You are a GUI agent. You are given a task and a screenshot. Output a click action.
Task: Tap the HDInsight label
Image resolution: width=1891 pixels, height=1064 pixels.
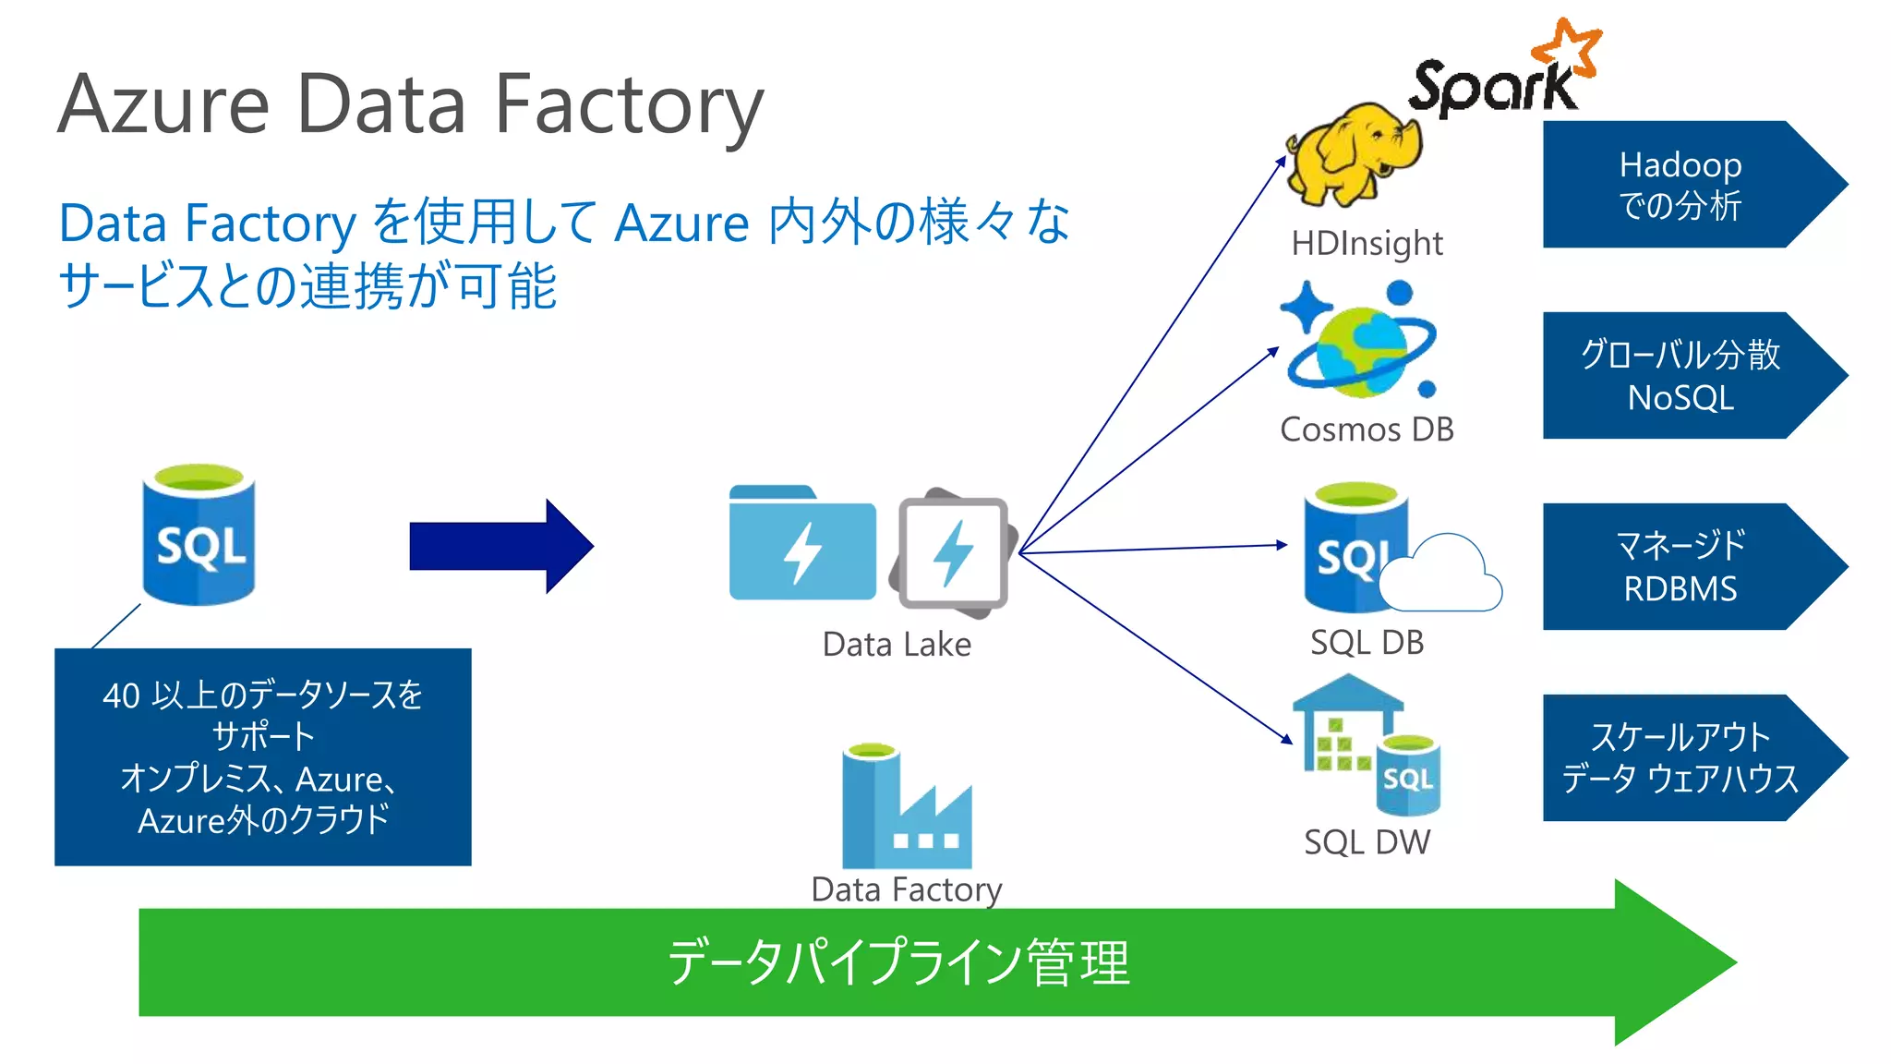tap(1367, 244)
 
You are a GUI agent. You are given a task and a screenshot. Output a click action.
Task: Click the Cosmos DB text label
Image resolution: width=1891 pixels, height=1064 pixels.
tap(1367, 429)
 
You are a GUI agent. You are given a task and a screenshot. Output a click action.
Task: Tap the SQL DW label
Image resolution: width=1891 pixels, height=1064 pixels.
tap(1367, 842)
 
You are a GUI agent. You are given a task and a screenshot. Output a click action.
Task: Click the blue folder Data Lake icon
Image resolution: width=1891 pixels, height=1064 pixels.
tap(801, 545)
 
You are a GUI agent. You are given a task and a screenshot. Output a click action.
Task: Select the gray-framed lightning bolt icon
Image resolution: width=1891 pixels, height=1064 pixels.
tap(954, 552)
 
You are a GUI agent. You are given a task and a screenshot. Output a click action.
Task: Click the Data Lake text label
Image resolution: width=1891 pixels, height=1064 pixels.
tap(897, 645)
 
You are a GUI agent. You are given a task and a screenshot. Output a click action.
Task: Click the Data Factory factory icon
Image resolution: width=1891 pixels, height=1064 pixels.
tap(906, 808)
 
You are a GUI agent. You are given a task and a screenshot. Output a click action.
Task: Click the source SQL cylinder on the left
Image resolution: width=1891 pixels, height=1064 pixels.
tap(199, 536)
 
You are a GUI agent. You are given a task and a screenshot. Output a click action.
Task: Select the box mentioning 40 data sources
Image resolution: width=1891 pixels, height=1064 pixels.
tap(263, 756)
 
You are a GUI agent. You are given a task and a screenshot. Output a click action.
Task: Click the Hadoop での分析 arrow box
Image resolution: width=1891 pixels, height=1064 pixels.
tap(1680, 185)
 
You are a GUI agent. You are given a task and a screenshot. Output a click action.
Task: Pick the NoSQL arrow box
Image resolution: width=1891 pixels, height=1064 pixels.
tap(1680, 376)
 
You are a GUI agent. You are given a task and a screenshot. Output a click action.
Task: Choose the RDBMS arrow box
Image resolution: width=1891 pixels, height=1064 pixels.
tap(1680, 566)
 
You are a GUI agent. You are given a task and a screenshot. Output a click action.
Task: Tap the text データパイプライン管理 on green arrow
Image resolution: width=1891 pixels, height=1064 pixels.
tap(898, 962)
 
